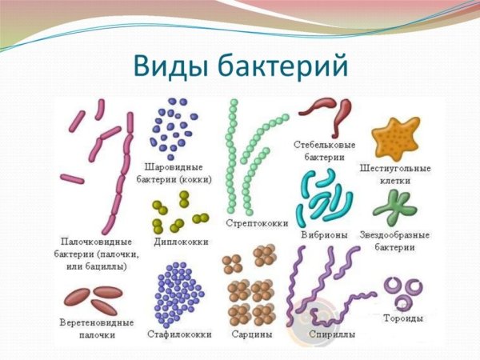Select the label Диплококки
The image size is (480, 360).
click(179, 241)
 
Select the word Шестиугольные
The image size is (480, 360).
click(397, 169)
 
